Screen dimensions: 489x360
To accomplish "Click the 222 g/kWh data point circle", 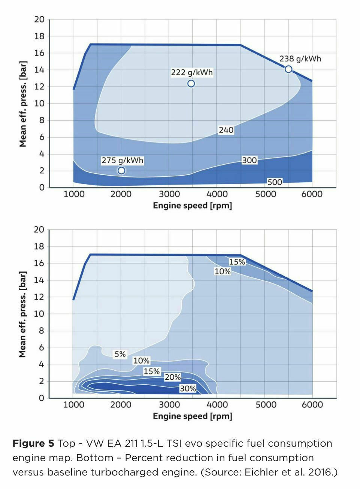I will point(191,83).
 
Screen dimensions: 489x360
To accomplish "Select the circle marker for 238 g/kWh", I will point(288,69).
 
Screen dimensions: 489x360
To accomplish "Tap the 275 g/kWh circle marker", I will point(121,171).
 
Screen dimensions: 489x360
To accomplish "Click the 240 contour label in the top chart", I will point(226,130).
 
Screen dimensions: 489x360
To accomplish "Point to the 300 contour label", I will point(249,160).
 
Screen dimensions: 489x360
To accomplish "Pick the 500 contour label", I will point(275,182).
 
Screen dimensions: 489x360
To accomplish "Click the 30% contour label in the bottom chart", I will point(188,389).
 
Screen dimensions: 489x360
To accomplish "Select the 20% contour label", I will point(173,377).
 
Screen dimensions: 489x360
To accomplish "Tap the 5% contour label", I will point(120,354).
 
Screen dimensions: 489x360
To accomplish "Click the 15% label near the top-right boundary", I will point(237,262).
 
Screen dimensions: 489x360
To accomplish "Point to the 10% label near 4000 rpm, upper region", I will point(223,271).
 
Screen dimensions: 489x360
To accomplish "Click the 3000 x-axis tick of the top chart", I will point(169,194).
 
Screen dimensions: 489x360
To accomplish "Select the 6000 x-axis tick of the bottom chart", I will point(312,405).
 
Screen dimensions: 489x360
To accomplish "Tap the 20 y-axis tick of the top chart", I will point(39,19).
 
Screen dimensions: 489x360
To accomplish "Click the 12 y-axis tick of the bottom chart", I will point(39,297).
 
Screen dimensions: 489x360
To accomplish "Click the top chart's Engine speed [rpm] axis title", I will point(192,206).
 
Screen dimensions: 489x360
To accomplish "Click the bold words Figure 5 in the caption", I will point(33,444).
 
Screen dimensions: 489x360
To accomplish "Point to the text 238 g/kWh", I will point(300,59).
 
